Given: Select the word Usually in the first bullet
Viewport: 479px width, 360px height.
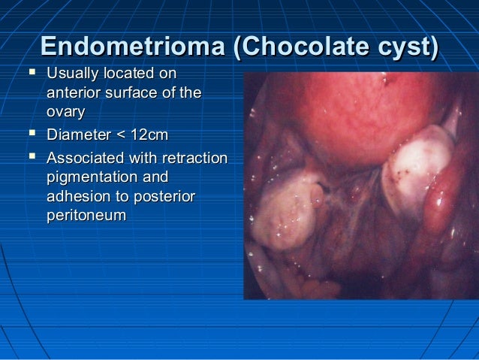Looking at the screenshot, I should click(71, 74).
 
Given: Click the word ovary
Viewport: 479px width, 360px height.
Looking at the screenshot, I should click(65, 112).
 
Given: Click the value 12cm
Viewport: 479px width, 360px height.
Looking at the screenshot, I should click(148, 135).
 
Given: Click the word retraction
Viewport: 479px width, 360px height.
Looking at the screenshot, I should click(193, 159).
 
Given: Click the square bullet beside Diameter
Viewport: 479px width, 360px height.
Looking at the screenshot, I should click(31, 135).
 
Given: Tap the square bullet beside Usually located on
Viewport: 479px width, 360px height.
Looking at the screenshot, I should click(31, 74).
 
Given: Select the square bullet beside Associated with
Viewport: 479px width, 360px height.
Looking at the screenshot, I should click(31, 159).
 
